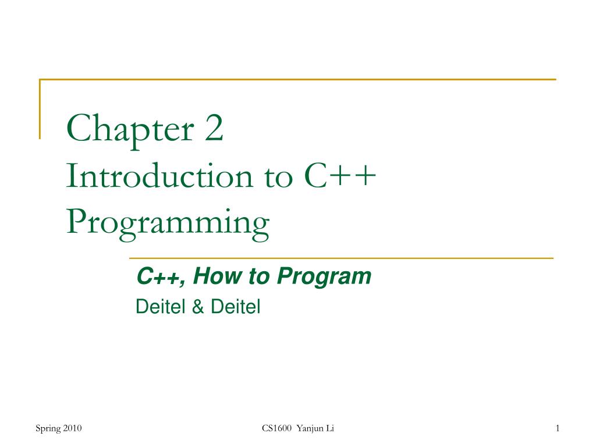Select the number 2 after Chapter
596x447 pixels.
click(x=213, y=130)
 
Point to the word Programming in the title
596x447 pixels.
click(x=168, y=223)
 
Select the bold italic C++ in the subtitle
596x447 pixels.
click(x=160, y=278)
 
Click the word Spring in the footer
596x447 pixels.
click(x=47, y=429)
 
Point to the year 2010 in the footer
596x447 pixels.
click(x=72, y=429)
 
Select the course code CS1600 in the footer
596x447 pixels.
click(x=276, y=429)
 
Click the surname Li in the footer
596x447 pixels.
click(x=329, y=429)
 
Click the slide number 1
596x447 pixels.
click(x=557, y=429)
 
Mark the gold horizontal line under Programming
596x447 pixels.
click(x=340, y=257)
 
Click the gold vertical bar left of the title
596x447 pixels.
click(x=40, y=109)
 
